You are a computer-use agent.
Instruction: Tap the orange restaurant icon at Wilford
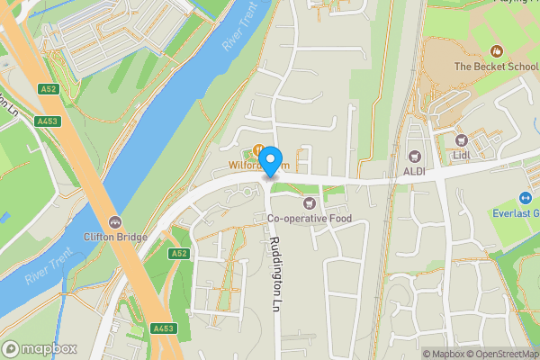259,150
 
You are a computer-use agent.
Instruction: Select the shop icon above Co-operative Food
310,202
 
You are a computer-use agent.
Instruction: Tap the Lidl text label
463,155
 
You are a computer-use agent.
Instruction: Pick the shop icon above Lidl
462,140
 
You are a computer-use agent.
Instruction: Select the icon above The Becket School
495,51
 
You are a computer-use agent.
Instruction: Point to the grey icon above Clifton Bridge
114,221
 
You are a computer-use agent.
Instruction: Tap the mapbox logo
40,348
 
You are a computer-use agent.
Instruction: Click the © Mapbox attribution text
446,354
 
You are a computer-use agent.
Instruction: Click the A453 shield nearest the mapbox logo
164,329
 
